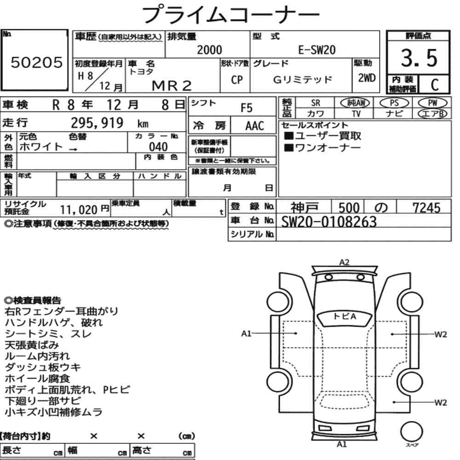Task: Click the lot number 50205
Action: [37, 62]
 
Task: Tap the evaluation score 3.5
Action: [419, 58]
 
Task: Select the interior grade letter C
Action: [435, 85]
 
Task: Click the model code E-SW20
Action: [317, 50]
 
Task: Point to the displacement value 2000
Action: [209, 50]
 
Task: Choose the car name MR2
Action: [172, 86]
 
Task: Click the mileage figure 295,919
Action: [97, 123]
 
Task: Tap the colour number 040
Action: [158, 147]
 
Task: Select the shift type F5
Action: [247, 108]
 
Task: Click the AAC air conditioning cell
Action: [255, 126]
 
